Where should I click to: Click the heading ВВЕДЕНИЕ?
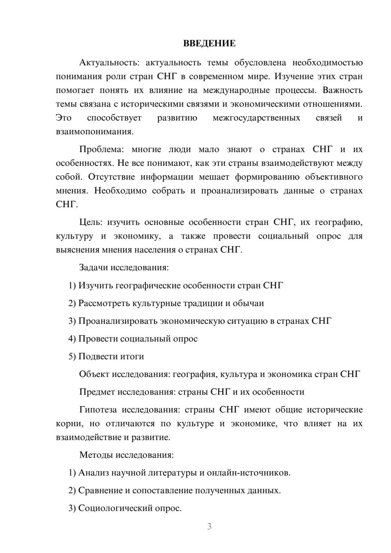pos(209,43)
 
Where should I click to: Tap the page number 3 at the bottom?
pos(209,526)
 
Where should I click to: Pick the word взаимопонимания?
pos(95,132)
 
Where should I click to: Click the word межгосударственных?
pos(256,118)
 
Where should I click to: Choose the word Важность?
pos(343,90)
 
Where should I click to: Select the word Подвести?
pos(95,357)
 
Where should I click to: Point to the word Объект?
pos(94,374)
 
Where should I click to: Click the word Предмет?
pos(97,392)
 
